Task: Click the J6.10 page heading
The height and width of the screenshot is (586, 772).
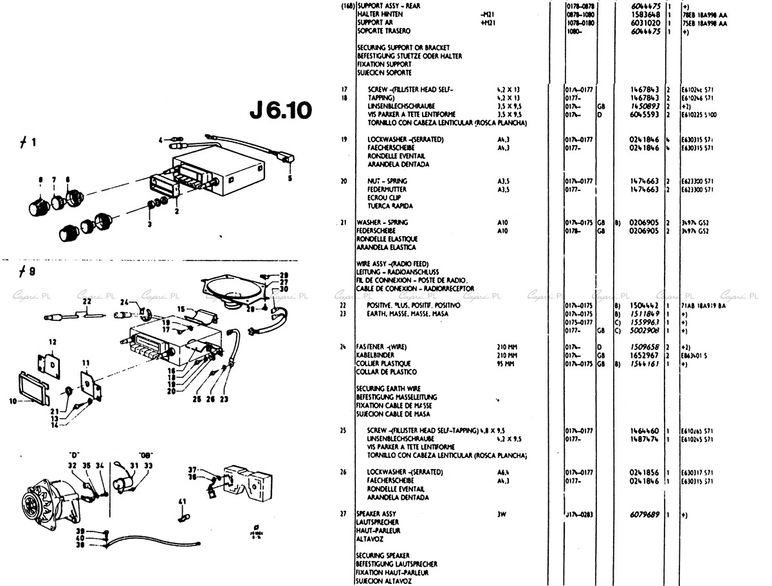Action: [x=281, y=111]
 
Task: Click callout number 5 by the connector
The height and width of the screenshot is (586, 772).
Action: [x=289, y=178]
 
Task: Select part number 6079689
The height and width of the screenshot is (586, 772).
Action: [x=646, y=515]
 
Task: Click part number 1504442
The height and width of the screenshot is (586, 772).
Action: [x=646, y=306]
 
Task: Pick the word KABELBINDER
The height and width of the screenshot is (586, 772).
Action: [x=376, y=355]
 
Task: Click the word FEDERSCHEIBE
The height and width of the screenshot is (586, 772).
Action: [x=376, y=230]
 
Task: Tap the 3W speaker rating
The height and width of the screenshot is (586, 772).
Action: [x=502, y=515]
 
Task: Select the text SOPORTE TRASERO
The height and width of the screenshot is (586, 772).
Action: [x=384, y=31]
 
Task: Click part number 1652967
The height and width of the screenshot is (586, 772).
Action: [x=646, y=355]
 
